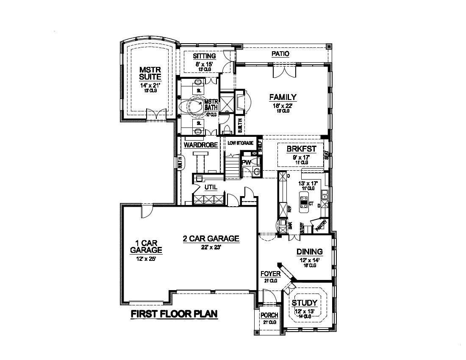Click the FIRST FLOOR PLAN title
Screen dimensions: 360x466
click(x=174, y=314)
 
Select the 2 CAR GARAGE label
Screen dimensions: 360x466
click(x=211, y=238)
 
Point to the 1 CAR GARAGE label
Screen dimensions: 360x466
click(x=146, y=246)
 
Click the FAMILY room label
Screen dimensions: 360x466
click(x=283, y=97)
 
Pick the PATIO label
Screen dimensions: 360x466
click(x=280, y=54)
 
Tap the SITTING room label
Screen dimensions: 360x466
click(x=204, y=56)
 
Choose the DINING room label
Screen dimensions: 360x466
click(x=309, y=252)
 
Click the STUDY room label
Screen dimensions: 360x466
click(x=305, y=303)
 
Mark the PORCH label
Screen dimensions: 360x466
click(x=269, y=315)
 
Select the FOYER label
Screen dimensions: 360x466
click(x=271, y=274)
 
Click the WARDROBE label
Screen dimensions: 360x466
click(x=200, y=145)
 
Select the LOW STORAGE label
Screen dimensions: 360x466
click(x=240, y=143)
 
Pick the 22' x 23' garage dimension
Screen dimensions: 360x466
click(x=211, y=248)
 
